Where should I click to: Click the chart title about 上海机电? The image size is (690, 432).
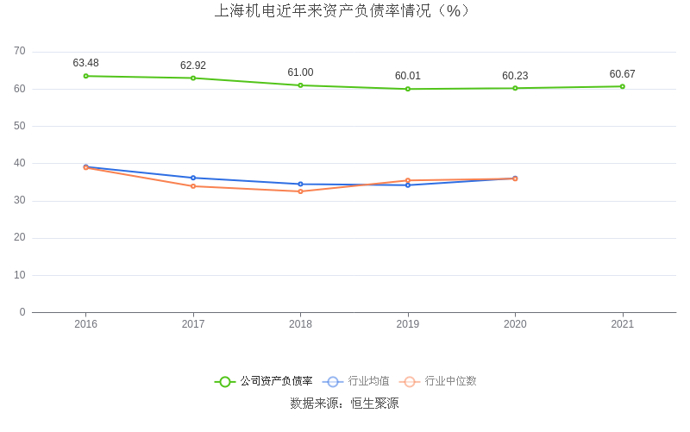[344, 11]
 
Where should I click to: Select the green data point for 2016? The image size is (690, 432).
[86, 76]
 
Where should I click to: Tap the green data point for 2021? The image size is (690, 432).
[622, 86]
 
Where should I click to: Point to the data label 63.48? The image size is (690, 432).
[86, 63]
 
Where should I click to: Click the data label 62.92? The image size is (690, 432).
[193, 66]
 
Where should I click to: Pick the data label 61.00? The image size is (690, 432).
[300, 72]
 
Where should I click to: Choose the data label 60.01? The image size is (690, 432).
[408, 76]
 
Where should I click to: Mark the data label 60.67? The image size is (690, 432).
[622, 74]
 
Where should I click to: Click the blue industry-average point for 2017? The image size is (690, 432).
[193, 178]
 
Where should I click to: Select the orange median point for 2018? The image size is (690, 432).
[300, 191]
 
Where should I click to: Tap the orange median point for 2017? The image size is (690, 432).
[193, 186]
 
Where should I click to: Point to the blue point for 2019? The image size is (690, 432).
[408, 185]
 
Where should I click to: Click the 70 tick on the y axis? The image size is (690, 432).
[20, 52]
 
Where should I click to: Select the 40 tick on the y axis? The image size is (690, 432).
[20, 163]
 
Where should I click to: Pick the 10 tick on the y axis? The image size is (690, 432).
[20, 275]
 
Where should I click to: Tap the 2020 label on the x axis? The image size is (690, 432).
[515, 324]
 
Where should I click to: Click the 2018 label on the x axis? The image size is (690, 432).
[300, 324]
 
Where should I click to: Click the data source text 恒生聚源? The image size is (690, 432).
[374, 403]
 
